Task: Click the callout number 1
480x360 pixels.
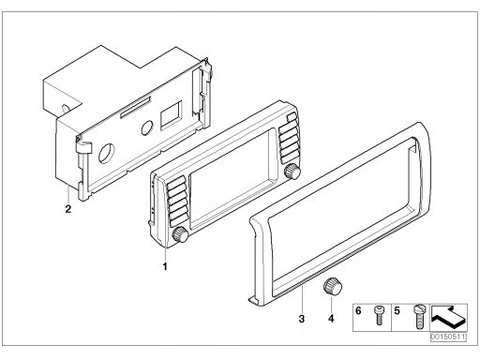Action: pyautogui.click(x=165, y=266)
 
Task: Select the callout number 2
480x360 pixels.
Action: pyautogui.click(x=67, y=209)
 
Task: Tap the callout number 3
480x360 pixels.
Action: pyautogui.click(x=301, y=319)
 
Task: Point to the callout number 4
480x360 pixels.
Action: pyautogui.click(x=331, y=319)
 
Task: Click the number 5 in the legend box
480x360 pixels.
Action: pyautogui.click(x=397, y=311)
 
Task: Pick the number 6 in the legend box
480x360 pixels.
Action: pyautogui.click(x=358, y=310)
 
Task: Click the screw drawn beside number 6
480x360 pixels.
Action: pyautogui.click(x=379, y=315)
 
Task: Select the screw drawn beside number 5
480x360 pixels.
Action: pyautogui.click(x=419, y=317)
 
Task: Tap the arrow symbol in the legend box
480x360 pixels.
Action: pyautogui.click(x=448, y=317)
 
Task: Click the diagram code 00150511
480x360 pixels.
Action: pyautogui.click(x=448, y=337)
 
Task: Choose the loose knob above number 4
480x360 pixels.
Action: pyautogui.click(x=332, y=286)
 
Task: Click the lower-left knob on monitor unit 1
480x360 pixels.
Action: pyautogui.click(x=180, y=235)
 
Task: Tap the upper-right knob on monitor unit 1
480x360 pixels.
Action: pyautogui.click(x=292, y=171)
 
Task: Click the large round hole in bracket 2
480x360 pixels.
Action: pyautogui.click(x=106, y=154)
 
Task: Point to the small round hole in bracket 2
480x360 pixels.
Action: pyautogui.click(x=146, y=127)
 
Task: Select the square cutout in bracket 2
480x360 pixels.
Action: pyautogui.click(x=171, y=115)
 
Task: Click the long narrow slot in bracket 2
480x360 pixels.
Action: pyautogui.click(x=135, y=107)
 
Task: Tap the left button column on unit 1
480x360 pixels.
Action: pyautogui.click(x=177, y=202)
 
